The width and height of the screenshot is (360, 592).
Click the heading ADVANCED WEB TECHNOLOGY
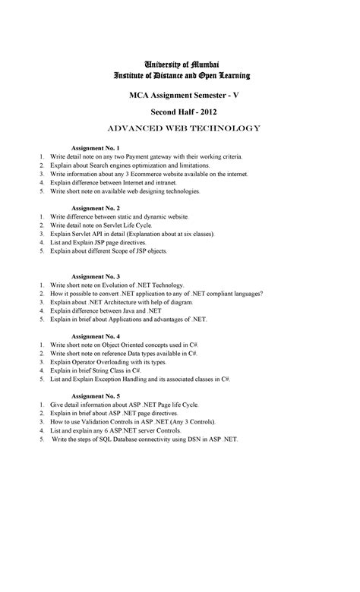pyautogui.click(x=180, y=128)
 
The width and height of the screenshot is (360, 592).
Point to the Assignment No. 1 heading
pyautogui.click(x=95, y=146)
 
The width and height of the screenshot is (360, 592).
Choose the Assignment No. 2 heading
pyautogui.click(x=95, y=207)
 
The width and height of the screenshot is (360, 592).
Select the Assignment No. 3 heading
pyautogui.click(x=95, y=276)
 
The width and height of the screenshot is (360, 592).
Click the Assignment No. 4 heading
pyautogui.click(x=95, y=335)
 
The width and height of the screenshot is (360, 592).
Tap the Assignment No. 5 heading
pyautogui.click(x=95, y=396)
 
